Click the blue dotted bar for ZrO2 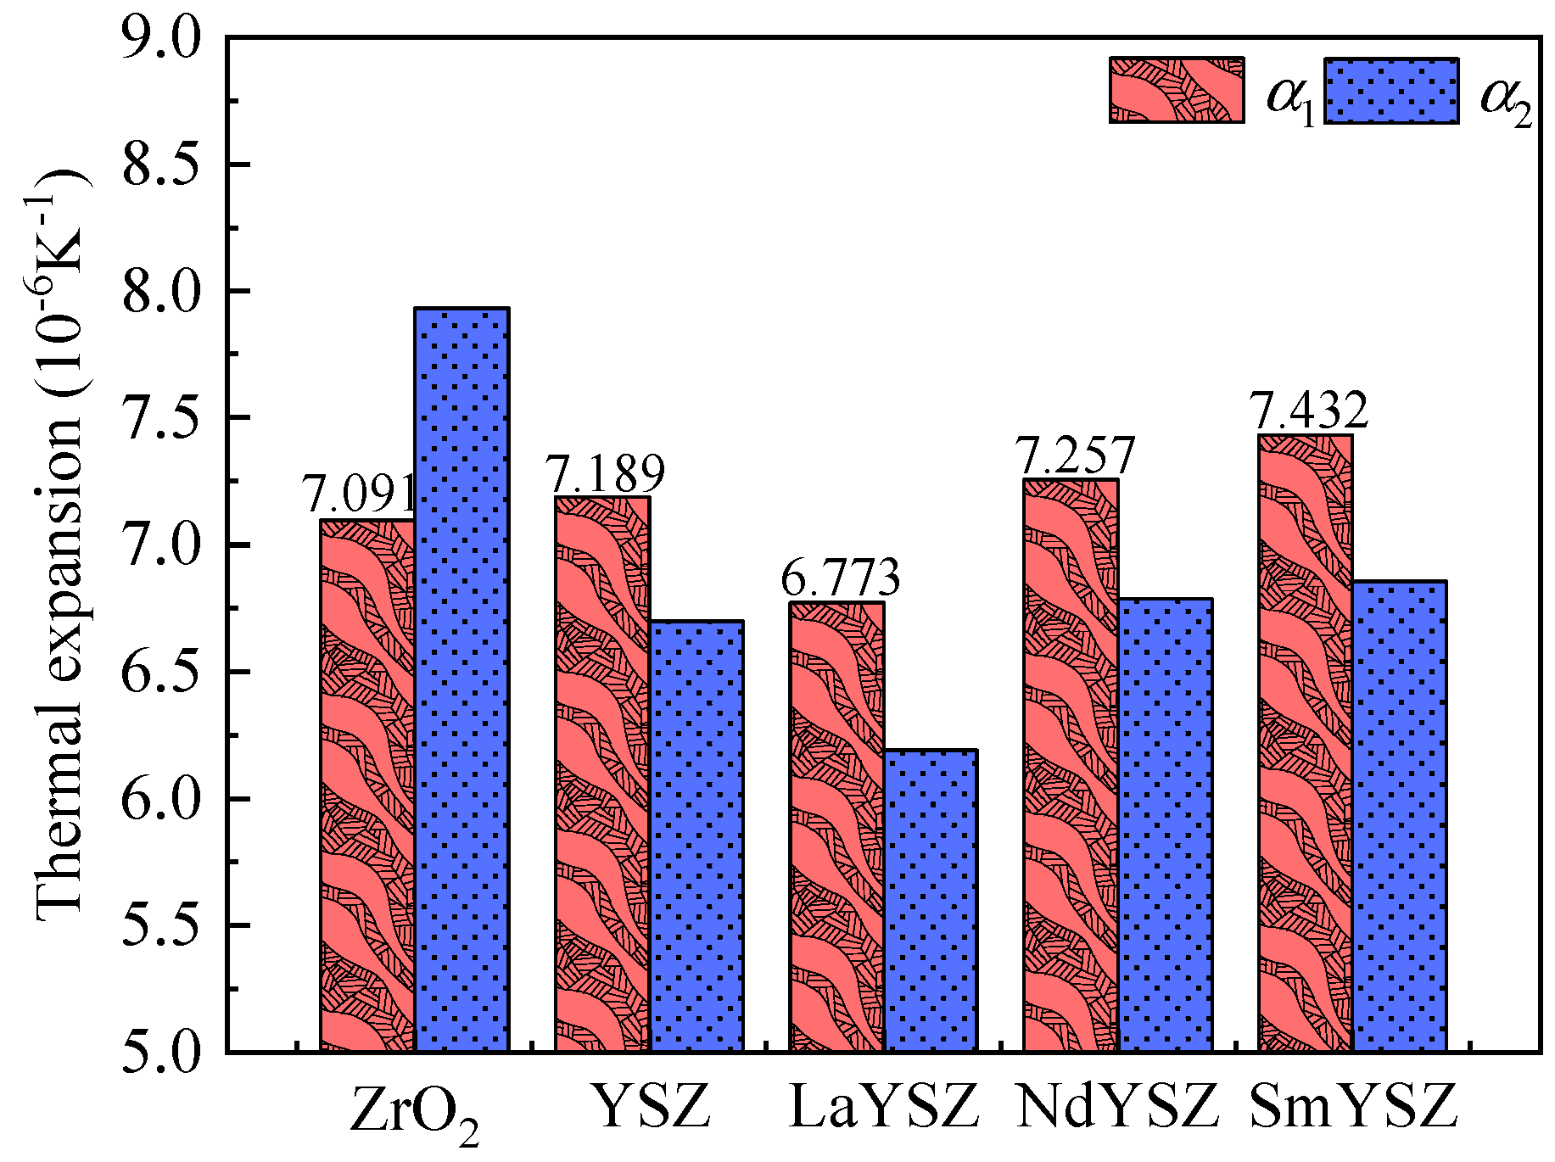click(461, 679)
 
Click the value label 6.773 click(840, 578)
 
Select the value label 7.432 click(1309, 411)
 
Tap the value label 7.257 click(1075, 456)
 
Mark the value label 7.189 click(604, 473)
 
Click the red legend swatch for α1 click(1177, 91)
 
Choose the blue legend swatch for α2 click(1391, 91)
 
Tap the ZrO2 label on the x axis click(414, 1111)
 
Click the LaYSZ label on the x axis click(883, 1106)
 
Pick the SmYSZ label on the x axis click(1353, 1106)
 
